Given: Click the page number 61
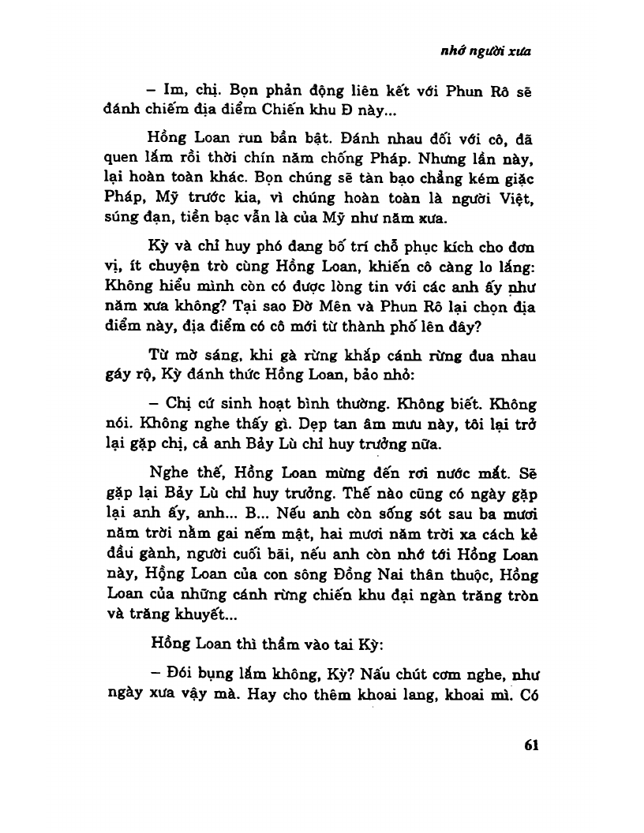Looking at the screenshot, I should coord(526,745).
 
